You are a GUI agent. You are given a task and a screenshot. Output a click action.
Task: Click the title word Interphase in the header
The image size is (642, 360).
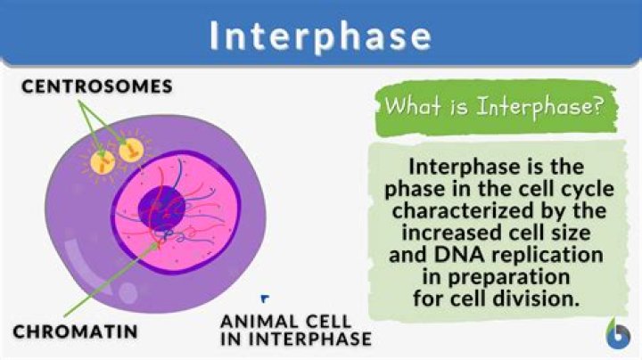pyautogui.click(x=321, y=36)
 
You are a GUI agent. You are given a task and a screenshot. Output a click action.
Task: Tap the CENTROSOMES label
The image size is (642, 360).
pyautogui.click(x=97, y=86)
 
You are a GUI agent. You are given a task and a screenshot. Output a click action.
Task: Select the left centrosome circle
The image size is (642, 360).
pyautogui.click(x=104, y=160)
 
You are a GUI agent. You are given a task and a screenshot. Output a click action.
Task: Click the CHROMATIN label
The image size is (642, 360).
pyautogui.click(x=75, y=332)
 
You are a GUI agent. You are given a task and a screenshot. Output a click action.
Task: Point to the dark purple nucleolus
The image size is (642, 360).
pyautogui.click(x=160, y=210)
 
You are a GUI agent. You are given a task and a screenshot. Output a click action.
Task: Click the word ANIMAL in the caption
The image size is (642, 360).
pyautogui.click(x=255, y=322)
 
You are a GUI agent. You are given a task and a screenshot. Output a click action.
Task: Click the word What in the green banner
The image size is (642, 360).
pyautogui.click(x=408, y=108)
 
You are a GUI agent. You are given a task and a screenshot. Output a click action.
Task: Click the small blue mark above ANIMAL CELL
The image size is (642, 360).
pyautogui.click(x=265, y=300)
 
